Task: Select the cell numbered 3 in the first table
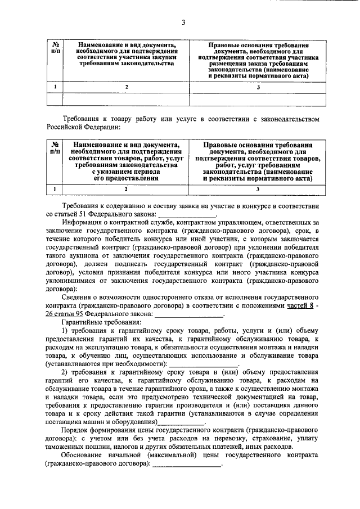[258, 87]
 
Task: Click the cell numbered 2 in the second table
[127, 189]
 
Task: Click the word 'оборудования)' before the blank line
[129, 420]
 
